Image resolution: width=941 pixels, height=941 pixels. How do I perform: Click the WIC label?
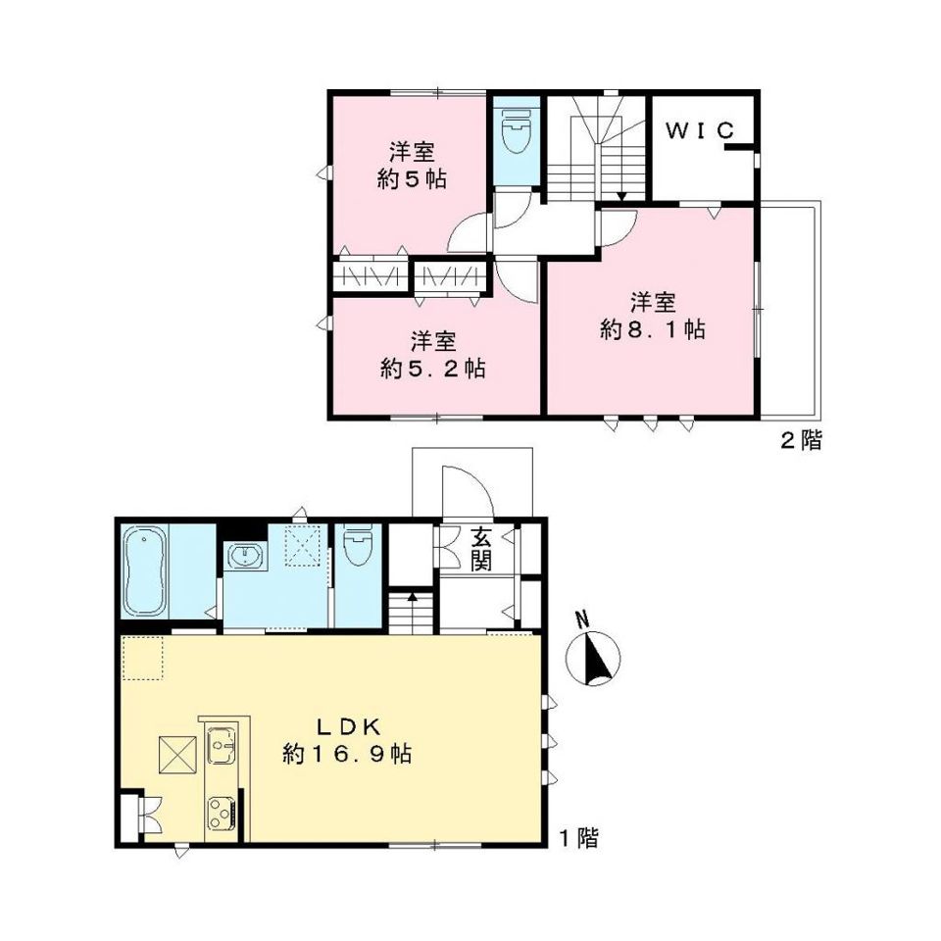coord(700,130)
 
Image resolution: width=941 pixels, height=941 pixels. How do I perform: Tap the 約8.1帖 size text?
coord(653,329)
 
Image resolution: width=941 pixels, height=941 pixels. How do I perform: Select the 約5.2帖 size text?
coord(432,368)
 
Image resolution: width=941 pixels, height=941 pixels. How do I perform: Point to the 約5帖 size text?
coord(412,178)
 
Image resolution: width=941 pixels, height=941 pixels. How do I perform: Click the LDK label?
coord(349,727)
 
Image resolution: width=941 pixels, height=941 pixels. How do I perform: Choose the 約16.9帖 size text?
coord(347,753)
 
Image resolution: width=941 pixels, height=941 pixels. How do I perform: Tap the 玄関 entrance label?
coord(480,549)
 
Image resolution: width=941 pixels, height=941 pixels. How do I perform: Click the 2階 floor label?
coord(801,441)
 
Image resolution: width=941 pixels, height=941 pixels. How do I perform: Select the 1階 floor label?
coord(578,838)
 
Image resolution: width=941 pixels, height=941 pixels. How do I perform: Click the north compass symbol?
coord(593,656)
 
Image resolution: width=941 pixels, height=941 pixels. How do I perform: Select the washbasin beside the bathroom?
coord(245,555)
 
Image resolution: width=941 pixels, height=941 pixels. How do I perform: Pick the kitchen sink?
coord(221,744)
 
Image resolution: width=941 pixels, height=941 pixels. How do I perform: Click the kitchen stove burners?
coord(221,814)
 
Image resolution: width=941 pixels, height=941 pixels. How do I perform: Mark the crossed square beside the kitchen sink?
coord(177,755)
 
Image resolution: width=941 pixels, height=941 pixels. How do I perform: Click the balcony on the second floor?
coord(789,310)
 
